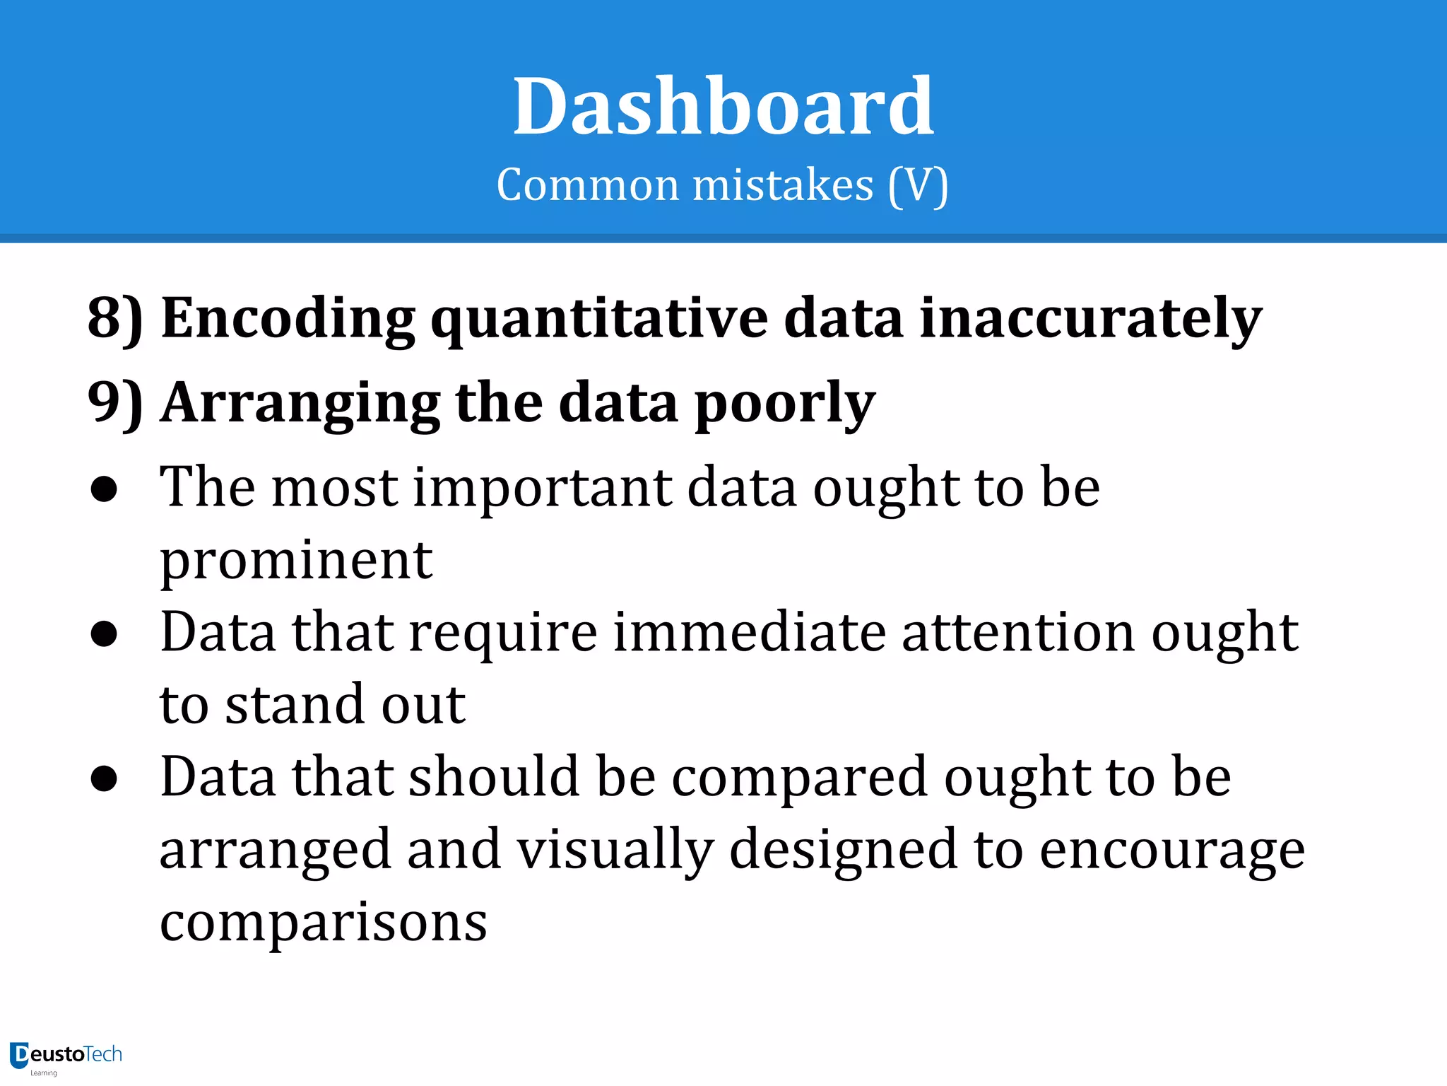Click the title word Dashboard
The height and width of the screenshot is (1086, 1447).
pos(723,107)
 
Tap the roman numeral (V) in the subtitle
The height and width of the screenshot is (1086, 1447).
pos(918,185)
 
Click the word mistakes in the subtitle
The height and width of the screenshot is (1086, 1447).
pos(783,185)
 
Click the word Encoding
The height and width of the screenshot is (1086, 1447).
pos(288,318)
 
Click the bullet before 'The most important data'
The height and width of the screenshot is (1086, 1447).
pos(104,490)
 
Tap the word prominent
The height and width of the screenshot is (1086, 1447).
pos(296,561)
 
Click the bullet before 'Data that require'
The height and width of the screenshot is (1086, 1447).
pos(104,634)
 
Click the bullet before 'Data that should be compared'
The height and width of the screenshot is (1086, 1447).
pos(104,778)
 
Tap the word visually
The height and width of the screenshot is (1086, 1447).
pos(615,851)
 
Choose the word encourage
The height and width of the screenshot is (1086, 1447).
pos(1171,852)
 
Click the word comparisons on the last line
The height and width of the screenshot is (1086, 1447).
pos(324,923)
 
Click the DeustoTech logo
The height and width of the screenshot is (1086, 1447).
pos(66,1056)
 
